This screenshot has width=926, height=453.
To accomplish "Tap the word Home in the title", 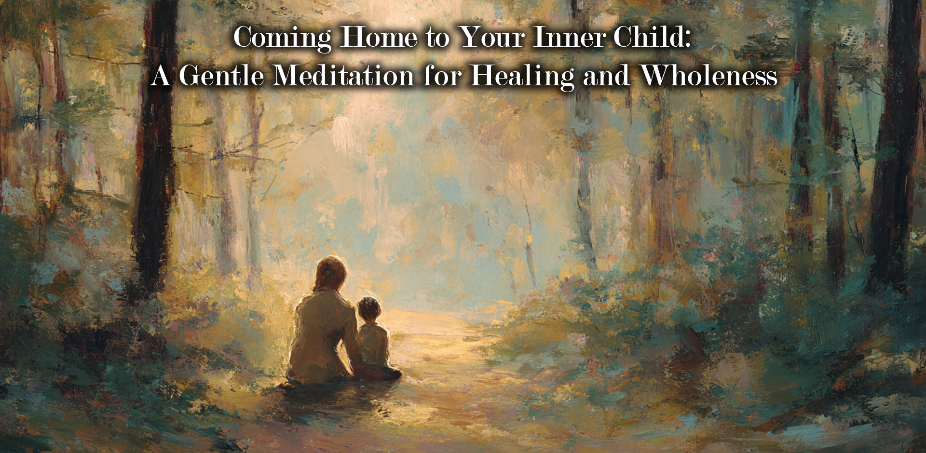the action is point(379,37).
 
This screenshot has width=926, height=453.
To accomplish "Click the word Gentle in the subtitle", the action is point(222,76).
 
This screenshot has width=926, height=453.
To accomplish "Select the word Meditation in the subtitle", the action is point(344,76).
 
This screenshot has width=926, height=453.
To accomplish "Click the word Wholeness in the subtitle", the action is point(709,76).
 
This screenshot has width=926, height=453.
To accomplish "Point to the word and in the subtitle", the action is point(607,76).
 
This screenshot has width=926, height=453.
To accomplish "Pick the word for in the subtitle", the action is point(442,76).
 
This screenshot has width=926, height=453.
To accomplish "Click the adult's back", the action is point(321,333).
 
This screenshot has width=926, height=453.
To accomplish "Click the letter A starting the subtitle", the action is point(161,76).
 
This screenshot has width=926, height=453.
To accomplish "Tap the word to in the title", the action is point(437,39).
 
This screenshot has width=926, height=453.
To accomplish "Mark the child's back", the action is point(372,345).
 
